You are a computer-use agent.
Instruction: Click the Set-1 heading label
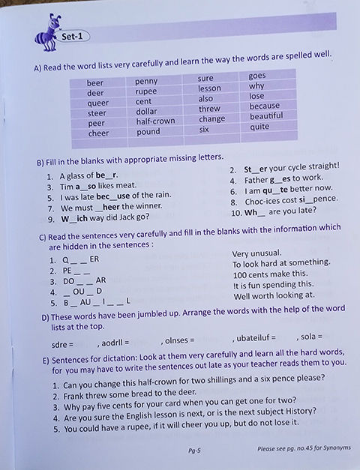(x=74, y=36)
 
